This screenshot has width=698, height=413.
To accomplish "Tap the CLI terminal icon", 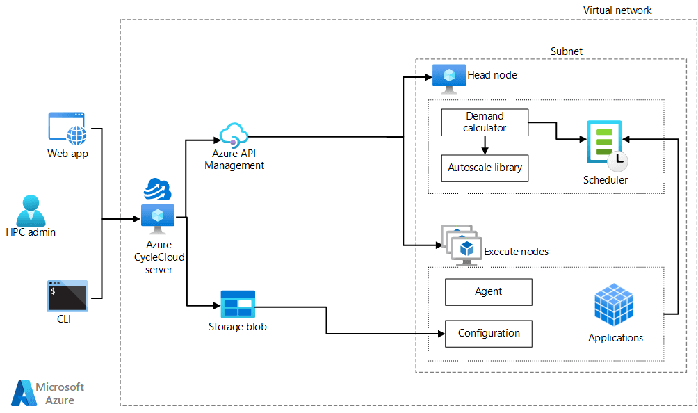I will coord(67,295).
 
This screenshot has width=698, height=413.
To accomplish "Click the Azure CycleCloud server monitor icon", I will coord(158,218).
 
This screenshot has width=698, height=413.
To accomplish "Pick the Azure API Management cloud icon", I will coord(234,135).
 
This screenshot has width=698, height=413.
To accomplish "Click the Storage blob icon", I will coord(238,305).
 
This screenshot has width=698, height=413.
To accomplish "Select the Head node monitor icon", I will coord(449,77).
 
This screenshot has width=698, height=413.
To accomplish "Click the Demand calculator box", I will coord(485,122).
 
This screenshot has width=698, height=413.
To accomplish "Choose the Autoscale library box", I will coord(485,168).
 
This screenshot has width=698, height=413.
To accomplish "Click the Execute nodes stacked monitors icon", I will coord(459,245).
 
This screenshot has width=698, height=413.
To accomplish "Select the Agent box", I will coord(489,292).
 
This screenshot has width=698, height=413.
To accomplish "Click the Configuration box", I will coord(489,334).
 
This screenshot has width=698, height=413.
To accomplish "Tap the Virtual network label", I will coord(617,10).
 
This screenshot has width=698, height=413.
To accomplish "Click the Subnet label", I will coord(567,51).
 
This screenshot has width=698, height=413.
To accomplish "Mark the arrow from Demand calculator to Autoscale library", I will coord(485,145).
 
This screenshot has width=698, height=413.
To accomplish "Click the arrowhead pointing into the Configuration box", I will coord(441,334).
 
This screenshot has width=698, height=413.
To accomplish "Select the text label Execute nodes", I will coord(516,252).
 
